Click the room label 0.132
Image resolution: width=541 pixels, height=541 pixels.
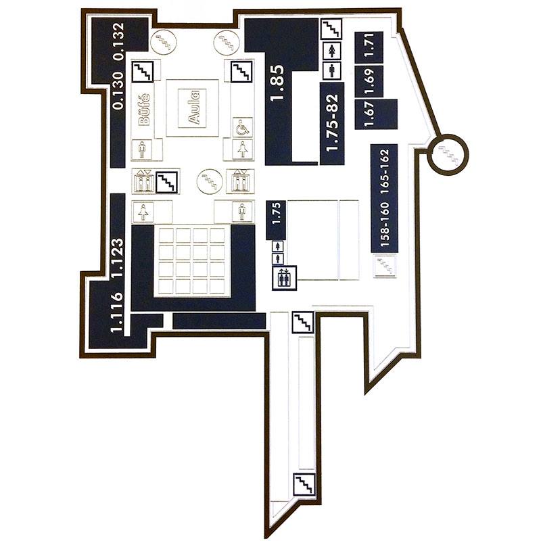[118, 41]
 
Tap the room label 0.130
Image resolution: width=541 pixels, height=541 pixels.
[118, 91]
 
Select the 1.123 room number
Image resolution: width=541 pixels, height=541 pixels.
[117, 257]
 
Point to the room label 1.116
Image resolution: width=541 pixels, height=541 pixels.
[117, 312]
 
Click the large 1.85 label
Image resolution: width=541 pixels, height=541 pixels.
[277, 83]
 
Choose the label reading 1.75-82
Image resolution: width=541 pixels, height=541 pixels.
[333, 123]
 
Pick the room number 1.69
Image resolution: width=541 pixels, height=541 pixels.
[369, 81]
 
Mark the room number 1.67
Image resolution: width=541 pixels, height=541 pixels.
[369, 114]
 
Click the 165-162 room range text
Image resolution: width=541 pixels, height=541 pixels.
[385, 171]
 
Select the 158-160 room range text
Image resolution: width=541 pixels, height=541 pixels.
[385, 225]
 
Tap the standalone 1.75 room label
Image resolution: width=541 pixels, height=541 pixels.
[277, 214]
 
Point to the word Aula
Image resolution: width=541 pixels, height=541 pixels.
[194, 108]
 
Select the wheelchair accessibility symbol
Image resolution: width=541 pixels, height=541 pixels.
[243, 128]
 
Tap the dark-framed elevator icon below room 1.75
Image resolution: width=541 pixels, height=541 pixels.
[284, 277]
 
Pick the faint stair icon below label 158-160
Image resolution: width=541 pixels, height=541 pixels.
[385, 266]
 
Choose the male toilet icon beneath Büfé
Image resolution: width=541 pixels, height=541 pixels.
[142, 149]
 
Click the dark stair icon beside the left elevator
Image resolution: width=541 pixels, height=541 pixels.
[166, 182]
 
